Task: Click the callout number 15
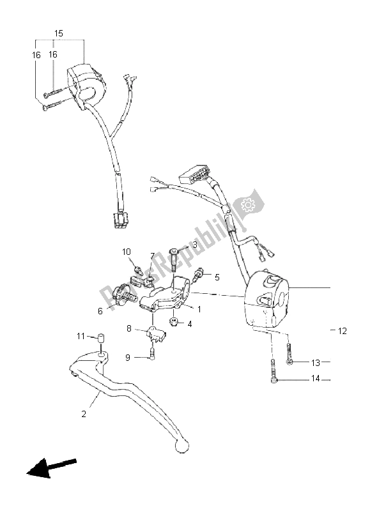(x=58, y=33)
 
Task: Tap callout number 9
(x=128, y=357)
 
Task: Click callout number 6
(x=100, y=311)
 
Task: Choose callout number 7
(x=153, y=257)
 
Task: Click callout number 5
(x=199, y=277)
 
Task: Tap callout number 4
(x=190, y=323)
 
